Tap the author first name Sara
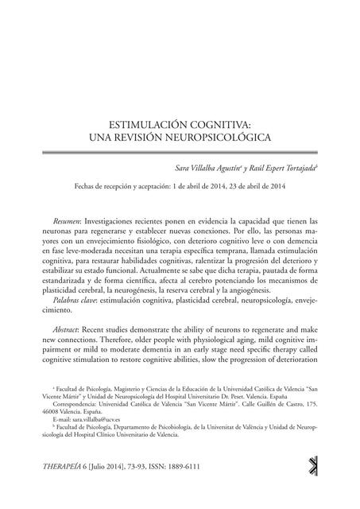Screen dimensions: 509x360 click(184, 169)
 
